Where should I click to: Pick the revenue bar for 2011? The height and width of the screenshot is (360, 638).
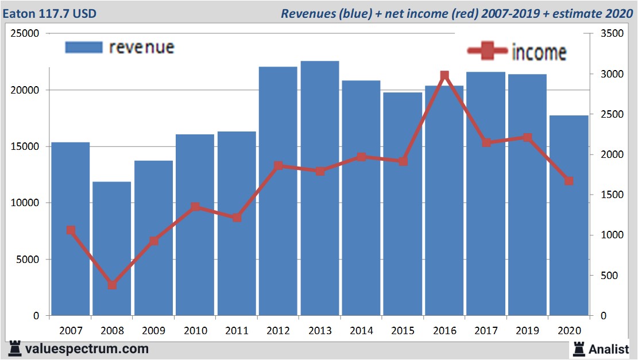(237, 224)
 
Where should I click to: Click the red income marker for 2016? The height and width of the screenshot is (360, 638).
(444, 76)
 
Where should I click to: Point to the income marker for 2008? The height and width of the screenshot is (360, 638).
(112, 285)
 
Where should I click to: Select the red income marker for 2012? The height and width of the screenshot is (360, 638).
(279, 165)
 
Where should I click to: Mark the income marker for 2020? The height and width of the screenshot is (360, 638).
(569, 181)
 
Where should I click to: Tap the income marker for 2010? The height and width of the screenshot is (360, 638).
(195, 207)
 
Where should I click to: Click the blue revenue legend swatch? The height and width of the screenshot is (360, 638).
(84, 47)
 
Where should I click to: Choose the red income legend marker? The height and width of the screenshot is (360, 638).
(489, 51)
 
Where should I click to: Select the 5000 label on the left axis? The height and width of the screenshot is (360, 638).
(28, 260)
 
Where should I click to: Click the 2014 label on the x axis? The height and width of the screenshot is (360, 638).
(361, 331)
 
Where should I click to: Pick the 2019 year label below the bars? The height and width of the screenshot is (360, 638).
(527, 331)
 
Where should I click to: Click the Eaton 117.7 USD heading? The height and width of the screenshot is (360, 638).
(49, 13)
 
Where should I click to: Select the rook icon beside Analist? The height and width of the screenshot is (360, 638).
(578, 348)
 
